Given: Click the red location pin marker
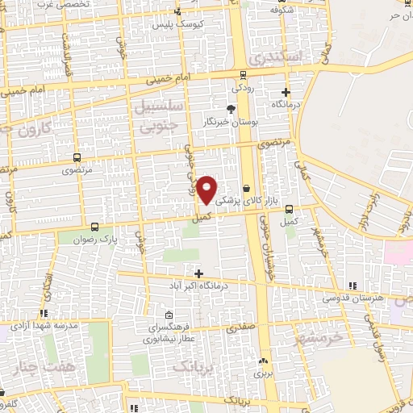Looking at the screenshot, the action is (x=207, y=190).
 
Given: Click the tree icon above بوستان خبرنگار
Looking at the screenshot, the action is (x=232, y=109).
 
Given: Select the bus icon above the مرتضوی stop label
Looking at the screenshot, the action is (x=77, y=158).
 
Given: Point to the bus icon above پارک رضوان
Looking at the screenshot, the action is (x=96, y=227).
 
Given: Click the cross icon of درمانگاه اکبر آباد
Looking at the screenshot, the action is (x=198, y=274).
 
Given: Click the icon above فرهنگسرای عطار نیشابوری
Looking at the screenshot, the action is (x=168, y=315).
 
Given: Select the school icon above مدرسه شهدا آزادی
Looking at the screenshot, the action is (x=44, y=312).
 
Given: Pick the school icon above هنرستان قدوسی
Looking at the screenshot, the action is (x=352, y=286).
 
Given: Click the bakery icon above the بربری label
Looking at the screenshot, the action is (x=259, y=362).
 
